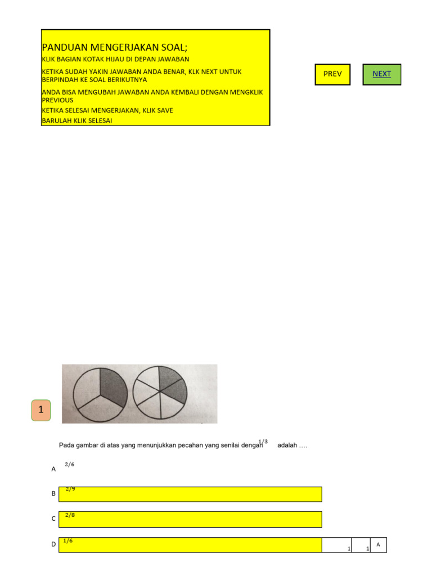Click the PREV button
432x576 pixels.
pyautogui.click(x=332, y=74)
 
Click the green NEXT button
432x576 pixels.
pyautogui.click(x=382, y=74)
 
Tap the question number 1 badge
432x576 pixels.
pyautogui.click(x=40, y=410)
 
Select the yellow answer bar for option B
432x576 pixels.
pyautogui.click(x=190, y=494)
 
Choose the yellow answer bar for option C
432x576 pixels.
pyautogui.click(x=190, y=519)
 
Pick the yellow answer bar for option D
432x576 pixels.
pyautogui.click(x=190, y=544)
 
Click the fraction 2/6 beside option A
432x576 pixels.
pyautogui.click(x=69, y=465)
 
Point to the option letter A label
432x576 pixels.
pyautogui.click(x=53, y=469)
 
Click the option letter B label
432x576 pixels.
pyautogui.click(x=53, y=494)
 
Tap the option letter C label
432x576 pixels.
pyautogui.click(x=53, y=519)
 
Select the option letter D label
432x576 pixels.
pyautogui.click(x=53, y=544)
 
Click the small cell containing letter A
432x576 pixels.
pyautogui.click(x=379, y=544)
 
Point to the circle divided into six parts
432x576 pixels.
pyautogui.click(x=160, y=392)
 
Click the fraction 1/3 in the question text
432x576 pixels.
pyautogui.click(x=263, y=442)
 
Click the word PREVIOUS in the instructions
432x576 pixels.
pyautogui.click(x=58, y=100)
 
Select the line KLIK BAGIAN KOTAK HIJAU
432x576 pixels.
pyautogui.click(x=115, y=59)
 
